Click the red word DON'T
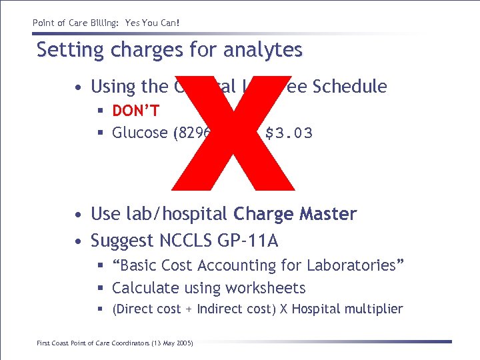pos(135,110)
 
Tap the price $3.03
pos(289,133)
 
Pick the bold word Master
pos(327,214)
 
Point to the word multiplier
pos(374,309)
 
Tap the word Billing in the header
pos(96,23)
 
